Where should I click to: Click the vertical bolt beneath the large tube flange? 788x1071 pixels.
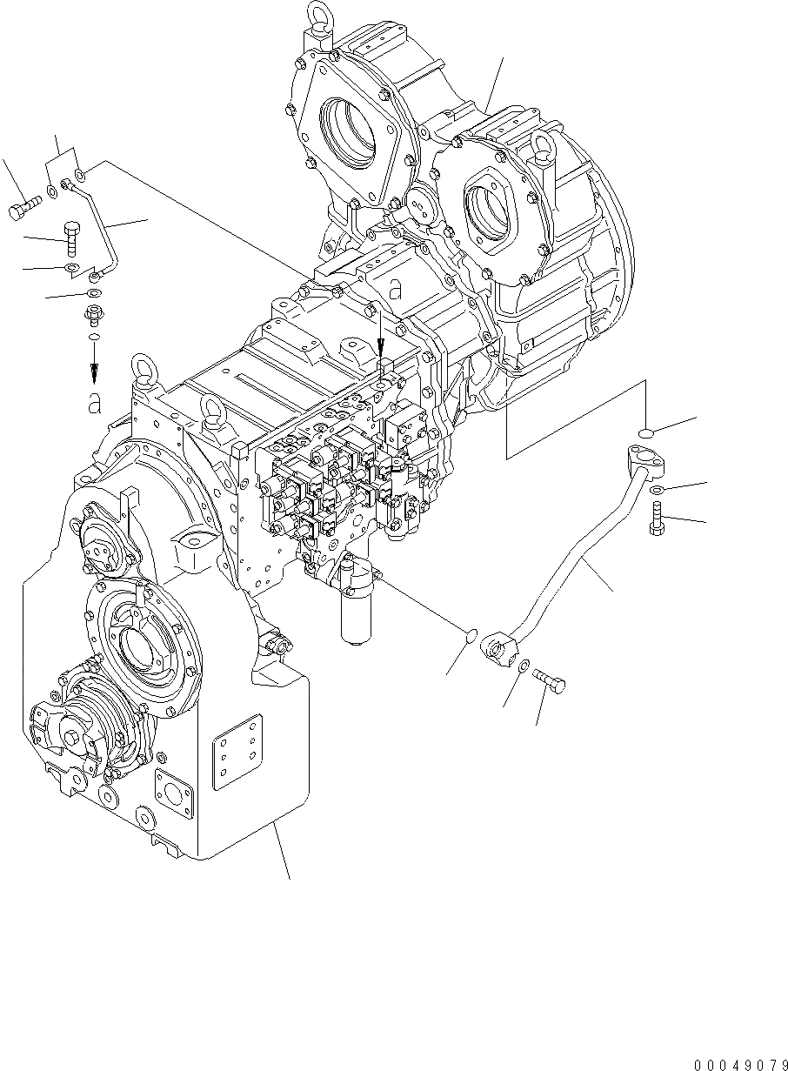click(657, 519)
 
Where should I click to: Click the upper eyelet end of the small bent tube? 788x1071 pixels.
click(66, 184)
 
